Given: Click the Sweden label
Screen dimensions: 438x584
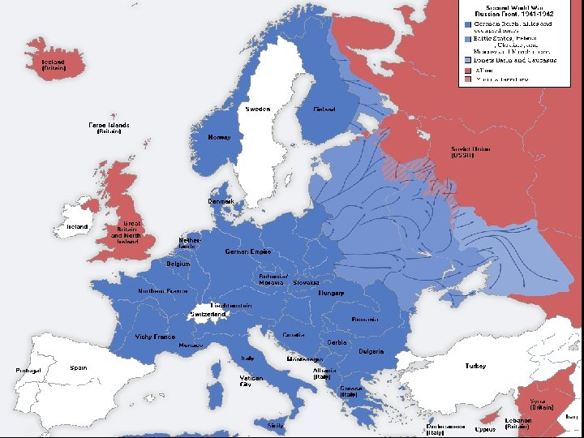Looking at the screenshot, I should point(257,109).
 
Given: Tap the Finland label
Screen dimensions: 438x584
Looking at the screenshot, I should point(324,109).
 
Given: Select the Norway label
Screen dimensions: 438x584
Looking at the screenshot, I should point(219,137).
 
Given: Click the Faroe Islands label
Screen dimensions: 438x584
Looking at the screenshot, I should point(109,128).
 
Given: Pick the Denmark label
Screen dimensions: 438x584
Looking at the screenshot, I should point(221,201).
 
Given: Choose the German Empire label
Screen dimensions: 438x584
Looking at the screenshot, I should point(248,252).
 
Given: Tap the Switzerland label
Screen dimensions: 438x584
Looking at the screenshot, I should point(207,314).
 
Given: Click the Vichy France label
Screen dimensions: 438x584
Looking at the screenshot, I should point(155,337).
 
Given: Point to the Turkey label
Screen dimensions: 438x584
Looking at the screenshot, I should point(475,367).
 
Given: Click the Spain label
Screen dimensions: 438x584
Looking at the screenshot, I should point(79,367).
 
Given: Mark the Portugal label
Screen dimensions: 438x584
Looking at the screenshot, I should point(28,371).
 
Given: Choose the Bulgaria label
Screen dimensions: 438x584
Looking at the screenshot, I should point(371,351).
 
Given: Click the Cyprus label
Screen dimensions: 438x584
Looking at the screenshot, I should point(486,428).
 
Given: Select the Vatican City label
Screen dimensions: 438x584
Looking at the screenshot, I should point(251,381).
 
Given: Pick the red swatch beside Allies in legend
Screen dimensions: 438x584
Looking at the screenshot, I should point(468,71).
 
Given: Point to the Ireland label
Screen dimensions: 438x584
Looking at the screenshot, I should point(78,227).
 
